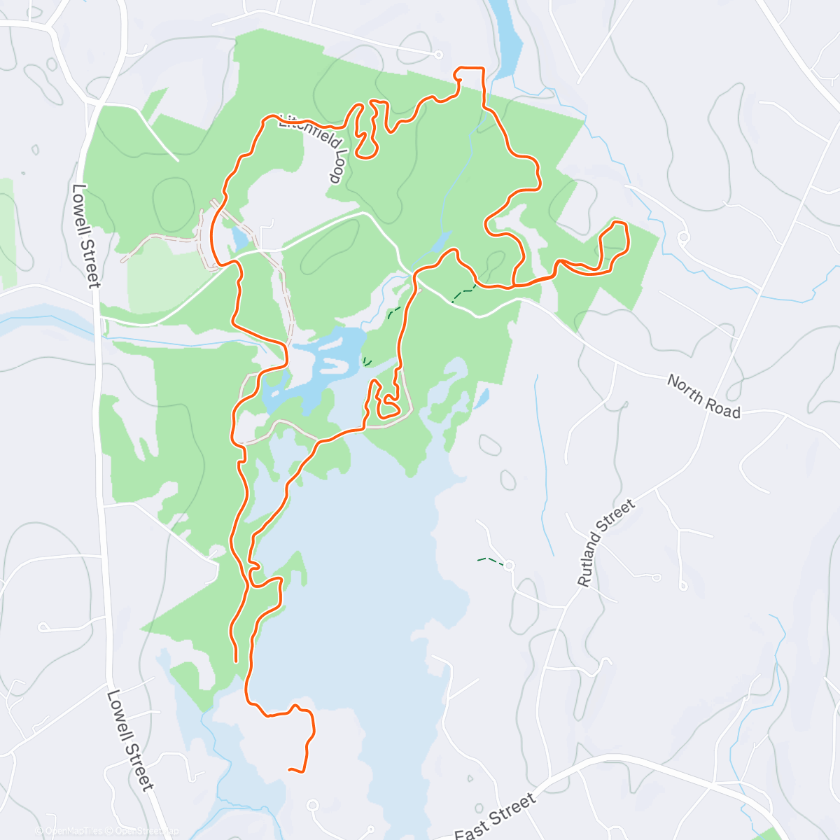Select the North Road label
point(703,396)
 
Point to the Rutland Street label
point(606,542)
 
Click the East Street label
point(496,815)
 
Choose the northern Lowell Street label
point(86,235)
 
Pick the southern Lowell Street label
point(130,741)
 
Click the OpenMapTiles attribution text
point(70,832)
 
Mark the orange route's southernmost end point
point(290,770)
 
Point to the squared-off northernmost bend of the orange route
point(470,69)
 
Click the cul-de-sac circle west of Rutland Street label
point(509,565)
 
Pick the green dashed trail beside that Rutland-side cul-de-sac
point(489,560)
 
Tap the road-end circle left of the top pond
point(439,54)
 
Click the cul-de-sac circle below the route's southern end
point(312,806)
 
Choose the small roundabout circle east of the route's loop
point(684,237)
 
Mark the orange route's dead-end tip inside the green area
point(236,660)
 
